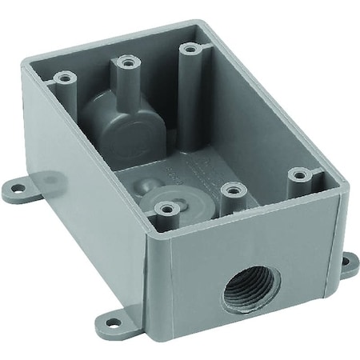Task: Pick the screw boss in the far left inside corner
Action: (61, 78)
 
